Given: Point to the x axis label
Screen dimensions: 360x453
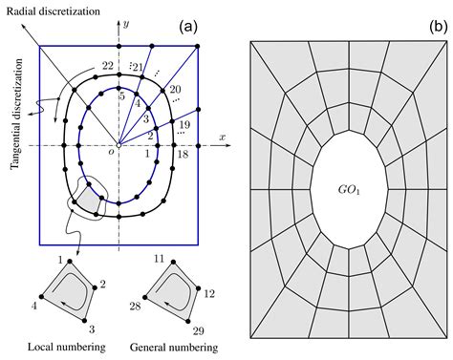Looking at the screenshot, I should click(221, 138).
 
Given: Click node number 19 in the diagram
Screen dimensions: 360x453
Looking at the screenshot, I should click(184, 125).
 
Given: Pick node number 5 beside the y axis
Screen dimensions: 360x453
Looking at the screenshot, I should click(121, 96).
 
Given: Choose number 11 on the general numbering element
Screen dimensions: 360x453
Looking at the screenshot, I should click(159, 258).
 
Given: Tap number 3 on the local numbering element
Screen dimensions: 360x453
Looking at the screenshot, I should click(91, 328).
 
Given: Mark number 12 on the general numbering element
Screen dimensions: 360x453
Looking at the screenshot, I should click(210, 294).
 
